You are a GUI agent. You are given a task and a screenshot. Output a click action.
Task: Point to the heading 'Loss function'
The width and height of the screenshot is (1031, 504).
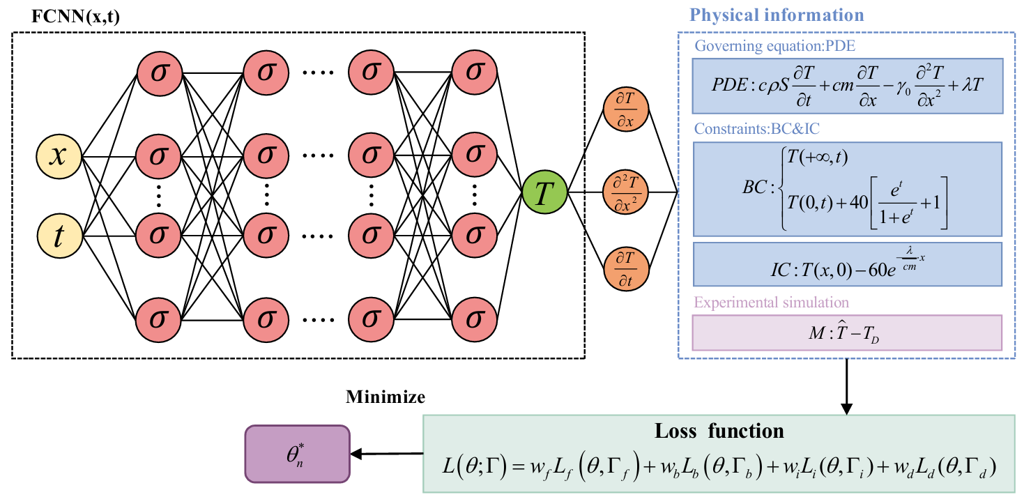point(719,431)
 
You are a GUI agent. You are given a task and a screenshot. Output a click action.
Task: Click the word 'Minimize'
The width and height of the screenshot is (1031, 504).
point(385,397)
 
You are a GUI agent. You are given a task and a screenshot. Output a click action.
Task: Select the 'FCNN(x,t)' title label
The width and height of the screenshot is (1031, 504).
point(76,17)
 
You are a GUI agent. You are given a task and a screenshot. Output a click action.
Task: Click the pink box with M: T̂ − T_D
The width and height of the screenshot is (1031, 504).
point(846,333)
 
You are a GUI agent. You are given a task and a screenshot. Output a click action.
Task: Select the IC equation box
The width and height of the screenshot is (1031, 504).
point(846,264)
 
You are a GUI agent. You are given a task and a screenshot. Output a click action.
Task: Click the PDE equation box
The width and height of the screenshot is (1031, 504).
point(846,86)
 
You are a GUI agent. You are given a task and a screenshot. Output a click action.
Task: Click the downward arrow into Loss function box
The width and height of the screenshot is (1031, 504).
point(846,386)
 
